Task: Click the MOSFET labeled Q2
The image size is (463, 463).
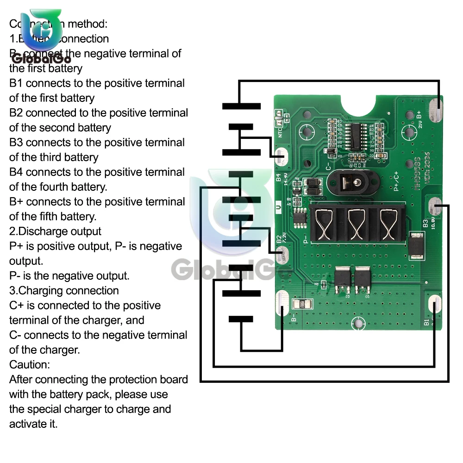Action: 343,281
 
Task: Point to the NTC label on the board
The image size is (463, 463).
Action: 280,131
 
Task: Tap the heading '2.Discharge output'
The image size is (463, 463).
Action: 55,231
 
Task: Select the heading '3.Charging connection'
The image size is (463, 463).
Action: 64,291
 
